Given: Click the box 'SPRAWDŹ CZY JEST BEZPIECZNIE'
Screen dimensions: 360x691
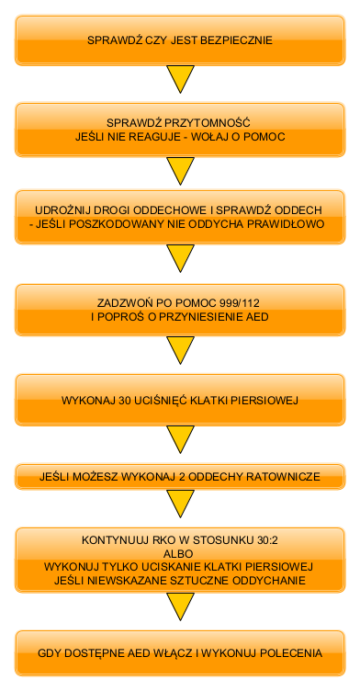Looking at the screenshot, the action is tap(180, 40).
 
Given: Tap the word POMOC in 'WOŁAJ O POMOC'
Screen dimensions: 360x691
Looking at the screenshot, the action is tap(264, 136).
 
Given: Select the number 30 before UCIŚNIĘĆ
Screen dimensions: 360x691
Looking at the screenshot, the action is tap(126, 401).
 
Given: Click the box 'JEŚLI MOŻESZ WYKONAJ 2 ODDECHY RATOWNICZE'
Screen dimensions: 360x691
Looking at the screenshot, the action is tap(180, 478).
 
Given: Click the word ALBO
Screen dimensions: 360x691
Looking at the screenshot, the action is tap(179, 553).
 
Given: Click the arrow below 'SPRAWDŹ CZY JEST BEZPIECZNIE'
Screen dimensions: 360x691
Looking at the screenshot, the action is tap(180, 79).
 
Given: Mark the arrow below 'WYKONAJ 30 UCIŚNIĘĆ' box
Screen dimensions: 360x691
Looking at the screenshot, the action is tap(180, 440).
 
